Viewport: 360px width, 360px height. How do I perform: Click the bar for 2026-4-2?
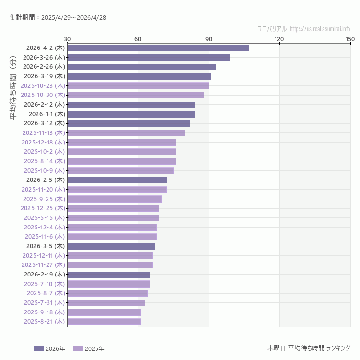[x=158, y=48]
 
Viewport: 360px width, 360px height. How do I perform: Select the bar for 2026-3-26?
[x=149, y=58]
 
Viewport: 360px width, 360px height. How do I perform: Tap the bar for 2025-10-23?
[x=138, y=85]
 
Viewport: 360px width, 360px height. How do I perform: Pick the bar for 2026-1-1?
[x=131, y=114]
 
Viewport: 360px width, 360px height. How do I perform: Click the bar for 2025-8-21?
[x=104, y=322]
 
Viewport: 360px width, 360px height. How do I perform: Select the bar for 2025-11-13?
[x=126, y=133]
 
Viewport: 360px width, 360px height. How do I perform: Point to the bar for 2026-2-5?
[x=117, y=180]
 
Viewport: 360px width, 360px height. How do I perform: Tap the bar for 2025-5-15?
[x=113, y=218]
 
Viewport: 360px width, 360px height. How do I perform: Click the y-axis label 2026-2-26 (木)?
[x=44, y=67]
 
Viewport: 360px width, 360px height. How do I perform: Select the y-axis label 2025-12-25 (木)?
[x=43, y=208]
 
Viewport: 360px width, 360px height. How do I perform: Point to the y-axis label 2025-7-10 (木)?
[x=44, y=284]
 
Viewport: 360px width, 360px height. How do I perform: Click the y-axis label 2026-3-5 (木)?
[x=45, y=246]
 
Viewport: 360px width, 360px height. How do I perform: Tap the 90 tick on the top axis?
[x=209, y=39]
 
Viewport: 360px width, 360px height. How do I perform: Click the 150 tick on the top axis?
[x=350, y=39]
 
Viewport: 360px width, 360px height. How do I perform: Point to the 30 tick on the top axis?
[x=67, y=39]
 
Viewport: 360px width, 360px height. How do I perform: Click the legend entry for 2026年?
[x=49, y=348]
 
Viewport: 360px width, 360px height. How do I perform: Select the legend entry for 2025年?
[x=89, y=348]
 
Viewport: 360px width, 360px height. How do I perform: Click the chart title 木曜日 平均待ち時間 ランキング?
[x=309, y=348]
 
